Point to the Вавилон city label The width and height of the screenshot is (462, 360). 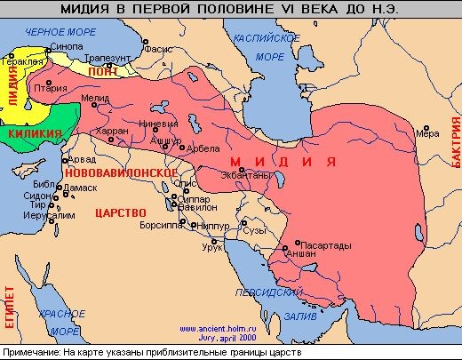[198, 207]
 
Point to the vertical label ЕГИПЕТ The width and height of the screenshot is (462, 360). [10, 308]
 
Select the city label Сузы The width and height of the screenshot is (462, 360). [255, 230]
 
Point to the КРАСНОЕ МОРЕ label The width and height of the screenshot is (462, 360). [52, 319]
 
